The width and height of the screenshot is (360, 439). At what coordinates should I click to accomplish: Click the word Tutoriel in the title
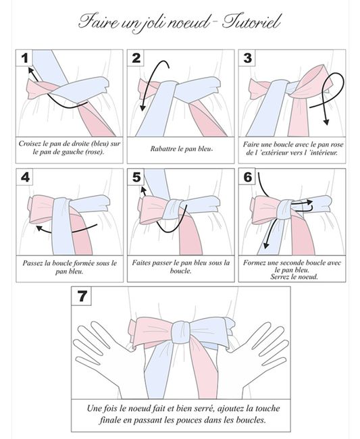tap(251, 22)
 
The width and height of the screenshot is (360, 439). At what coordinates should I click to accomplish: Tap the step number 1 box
tap(24, 58)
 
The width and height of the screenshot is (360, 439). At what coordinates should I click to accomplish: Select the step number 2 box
tap(136, 58)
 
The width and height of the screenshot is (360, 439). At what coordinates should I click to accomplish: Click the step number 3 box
tap(247, 58)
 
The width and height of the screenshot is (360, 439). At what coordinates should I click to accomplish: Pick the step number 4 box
tap(24, 177)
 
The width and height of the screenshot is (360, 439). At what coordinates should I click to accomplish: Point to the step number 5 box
tap(136, 177)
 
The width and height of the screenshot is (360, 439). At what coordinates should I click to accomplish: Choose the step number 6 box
tap(247, 177)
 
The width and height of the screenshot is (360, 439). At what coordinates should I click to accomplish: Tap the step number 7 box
tap(82, 296)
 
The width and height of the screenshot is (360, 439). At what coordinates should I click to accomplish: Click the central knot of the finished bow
tap(182, 332)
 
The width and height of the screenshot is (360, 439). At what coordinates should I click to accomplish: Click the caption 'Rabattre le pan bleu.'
tap(182, 149)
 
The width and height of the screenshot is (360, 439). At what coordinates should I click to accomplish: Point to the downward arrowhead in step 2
tap(143, 108)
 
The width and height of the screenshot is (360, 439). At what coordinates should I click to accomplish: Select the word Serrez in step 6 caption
tap(280, 277)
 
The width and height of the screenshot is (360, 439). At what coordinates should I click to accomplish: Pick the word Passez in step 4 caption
tap(33, 263)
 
